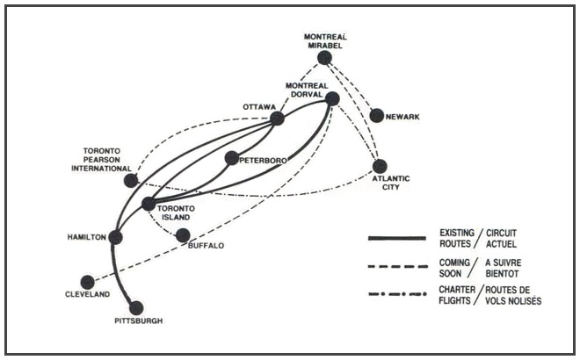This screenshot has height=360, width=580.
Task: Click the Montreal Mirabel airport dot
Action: click(325, 58)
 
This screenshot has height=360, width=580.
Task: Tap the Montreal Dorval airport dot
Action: click(332, 99)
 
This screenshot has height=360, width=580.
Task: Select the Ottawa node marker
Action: click(277, 119)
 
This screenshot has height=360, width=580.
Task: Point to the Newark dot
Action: click(377, 115)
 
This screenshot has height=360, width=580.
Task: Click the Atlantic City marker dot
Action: click(380, 165)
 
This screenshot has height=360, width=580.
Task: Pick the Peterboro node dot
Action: click(231, 158)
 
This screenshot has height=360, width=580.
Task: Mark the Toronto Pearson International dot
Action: click(131, 181)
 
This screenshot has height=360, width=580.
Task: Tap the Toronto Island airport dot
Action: click(149, 204)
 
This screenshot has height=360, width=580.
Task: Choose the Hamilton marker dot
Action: click(115, 237)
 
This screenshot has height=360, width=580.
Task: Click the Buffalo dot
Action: click(183, 235)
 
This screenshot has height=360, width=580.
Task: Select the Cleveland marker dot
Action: click(87, 282)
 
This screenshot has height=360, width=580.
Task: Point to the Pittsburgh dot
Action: click(136, 307)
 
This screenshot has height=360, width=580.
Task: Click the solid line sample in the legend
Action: click(402, 238)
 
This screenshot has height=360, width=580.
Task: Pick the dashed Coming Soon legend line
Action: click(402, 266)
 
